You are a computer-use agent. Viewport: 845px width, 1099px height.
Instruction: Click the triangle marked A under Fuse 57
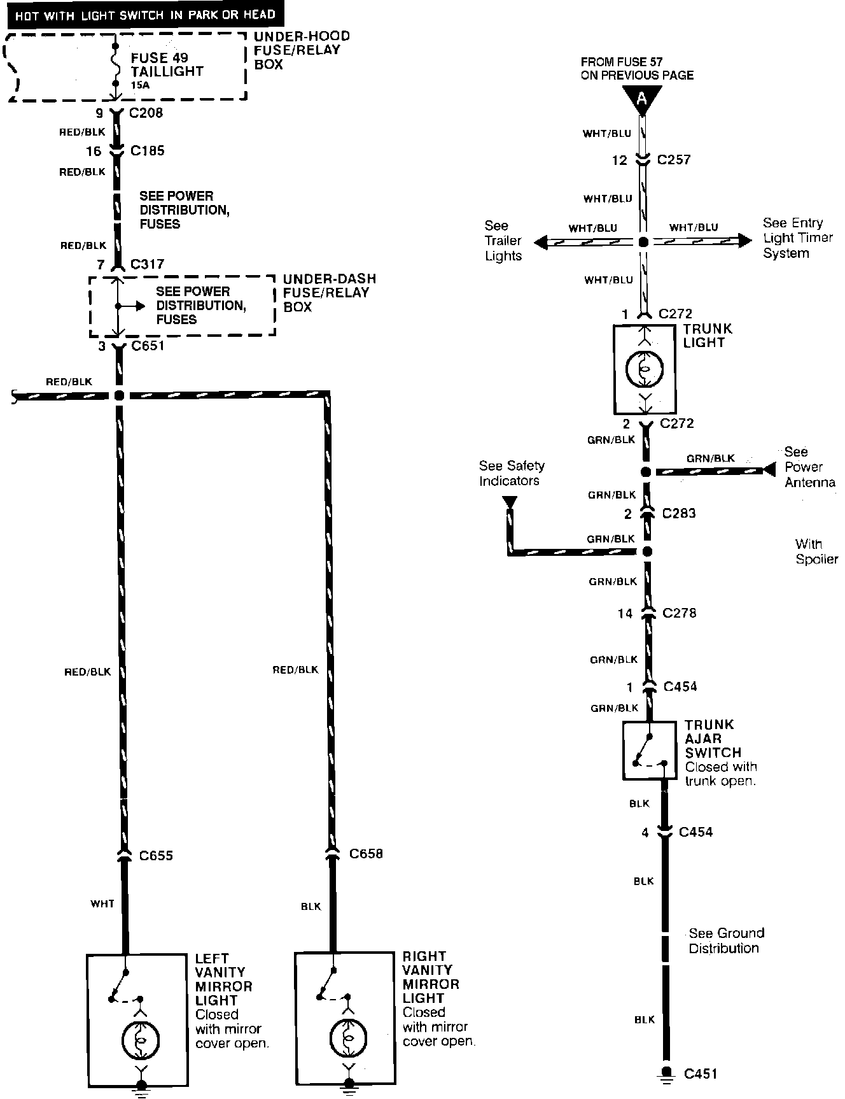(x=642, y=99)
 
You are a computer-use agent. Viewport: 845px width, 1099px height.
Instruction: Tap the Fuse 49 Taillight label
(x=167, y=65)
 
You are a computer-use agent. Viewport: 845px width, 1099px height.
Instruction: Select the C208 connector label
(x=146, y=113)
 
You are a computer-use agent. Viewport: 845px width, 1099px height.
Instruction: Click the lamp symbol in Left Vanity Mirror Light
(x=141, y=1040)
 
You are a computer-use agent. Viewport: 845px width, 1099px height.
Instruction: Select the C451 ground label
(x=701, y=1074)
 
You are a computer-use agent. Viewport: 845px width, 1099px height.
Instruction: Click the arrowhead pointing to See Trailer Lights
(x=541, y=242)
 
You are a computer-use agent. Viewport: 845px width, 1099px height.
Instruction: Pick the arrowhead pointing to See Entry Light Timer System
(x=745, y=241)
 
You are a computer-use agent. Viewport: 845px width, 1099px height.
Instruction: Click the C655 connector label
(x=156, y=856)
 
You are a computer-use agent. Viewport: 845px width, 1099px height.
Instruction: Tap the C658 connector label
(x=366, y=854)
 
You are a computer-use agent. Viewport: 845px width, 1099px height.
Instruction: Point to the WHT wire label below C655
(x=102, y=904)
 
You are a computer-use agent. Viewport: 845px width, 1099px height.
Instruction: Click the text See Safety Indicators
(x=512, y=473)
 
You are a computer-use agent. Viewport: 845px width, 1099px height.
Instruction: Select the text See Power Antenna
(x=809, y=467)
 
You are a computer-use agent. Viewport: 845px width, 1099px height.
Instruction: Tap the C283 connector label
(x=678, y=514)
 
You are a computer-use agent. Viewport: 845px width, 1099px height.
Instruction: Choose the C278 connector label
(x=679, y=613)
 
